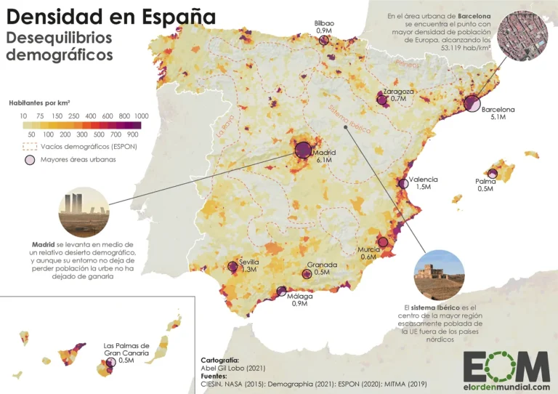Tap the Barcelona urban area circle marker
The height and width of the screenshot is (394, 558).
point(472,103)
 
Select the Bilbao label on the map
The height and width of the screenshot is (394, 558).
point(324,23)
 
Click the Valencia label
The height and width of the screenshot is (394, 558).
point(423,179)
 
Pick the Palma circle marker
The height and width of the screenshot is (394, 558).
point(493,174)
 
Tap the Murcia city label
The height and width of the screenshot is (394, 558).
point(367,249)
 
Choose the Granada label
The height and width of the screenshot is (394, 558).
point(321,265)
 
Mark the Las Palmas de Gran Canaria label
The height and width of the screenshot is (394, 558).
point(126,350)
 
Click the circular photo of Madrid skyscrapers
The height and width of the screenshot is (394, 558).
point(83,212)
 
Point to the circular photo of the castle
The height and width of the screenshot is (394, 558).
point(438,273)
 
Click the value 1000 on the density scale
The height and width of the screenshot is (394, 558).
point(141,116)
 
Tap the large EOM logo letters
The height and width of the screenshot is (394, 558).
point(506,364)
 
